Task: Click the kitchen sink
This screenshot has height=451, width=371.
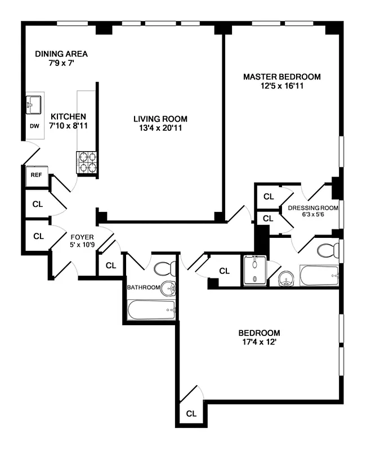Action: click(34, 105)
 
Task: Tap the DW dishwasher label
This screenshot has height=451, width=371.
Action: click(34, 126)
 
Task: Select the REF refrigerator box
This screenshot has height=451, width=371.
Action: click(37, 175)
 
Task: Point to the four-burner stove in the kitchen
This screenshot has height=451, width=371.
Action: click(87, 162)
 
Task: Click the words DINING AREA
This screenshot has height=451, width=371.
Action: click(61, 54)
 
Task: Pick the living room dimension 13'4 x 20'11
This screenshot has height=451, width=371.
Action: click(160, 128)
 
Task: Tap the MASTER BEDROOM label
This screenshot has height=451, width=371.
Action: click(281, 77)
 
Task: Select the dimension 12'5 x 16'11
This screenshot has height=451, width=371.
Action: click(281, 86)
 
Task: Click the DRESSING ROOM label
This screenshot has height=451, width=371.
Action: click(314, 207)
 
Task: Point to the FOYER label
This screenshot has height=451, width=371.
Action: click(82, 237)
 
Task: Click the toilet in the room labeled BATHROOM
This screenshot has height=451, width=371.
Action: click(166, 268)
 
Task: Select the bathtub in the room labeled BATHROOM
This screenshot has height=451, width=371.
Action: click(151, 309)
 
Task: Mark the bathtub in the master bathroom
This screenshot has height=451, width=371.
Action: click(319, 277)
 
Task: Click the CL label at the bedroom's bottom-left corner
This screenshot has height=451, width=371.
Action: click(191, 413)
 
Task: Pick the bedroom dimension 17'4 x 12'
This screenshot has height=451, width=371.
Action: click(259, 342)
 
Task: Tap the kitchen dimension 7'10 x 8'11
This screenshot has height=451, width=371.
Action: click(68, 126)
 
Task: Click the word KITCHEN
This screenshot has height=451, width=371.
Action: click(68, 117)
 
